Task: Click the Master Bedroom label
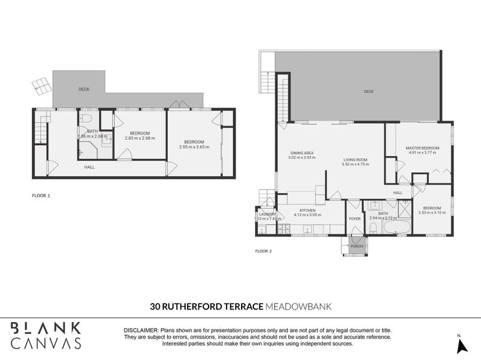point(422,148)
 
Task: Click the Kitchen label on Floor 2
point(307,210)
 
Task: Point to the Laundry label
point(266,214)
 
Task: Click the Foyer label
point(355,218)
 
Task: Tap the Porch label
point(357,246)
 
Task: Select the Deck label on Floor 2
point(369,92)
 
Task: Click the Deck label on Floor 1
point(84,89)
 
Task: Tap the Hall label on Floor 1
point(89,167)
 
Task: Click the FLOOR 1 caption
point(41,196)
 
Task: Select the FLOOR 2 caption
point(264,251)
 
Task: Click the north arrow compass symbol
point(462,346)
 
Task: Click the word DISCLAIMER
point(141,331)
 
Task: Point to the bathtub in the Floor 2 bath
point(399,228)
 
